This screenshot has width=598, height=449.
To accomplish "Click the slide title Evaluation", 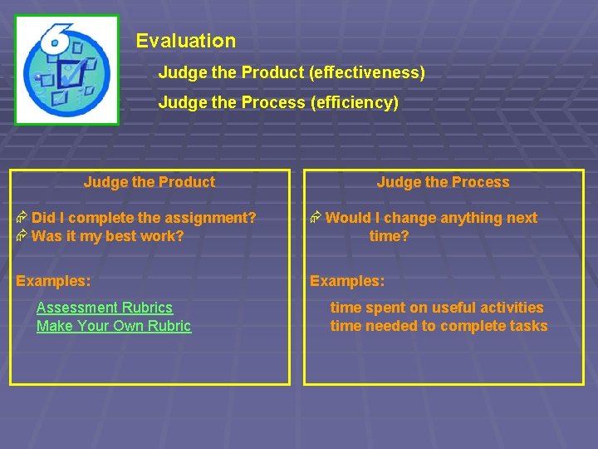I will [186, 41].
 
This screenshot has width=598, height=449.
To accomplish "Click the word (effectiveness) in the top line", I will [366, 73].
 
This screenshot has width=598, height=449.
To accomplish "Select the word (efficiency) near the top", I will [355, 103].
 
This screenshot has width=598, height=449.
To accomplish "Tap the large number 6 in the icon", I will [57, 37].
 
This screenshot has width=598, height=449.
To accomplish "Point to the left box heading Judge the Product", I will [149, 182].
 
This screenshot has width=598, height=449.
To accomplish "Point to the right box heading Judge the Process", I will [443, 182].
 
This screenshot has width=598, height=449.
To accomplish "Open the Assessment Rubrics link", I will [105, 308].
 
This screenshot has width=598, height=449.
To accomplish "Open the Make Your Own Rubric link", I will [114, 326].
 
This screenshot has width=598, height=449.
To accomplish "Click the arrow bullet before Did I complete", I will [22, 218].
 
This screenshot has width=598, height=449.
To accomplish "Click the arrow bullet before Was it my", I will [22, 236].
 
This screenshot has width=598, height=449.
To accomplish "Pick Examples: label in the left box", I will [54, 281].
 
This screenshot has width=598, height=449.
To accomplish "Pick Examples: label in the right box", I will [347, 281].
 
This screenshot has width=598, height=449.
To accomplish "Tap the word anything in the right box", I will [461, 218].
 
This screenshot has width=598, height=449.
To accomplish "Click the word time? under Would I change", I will [390, 236].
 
